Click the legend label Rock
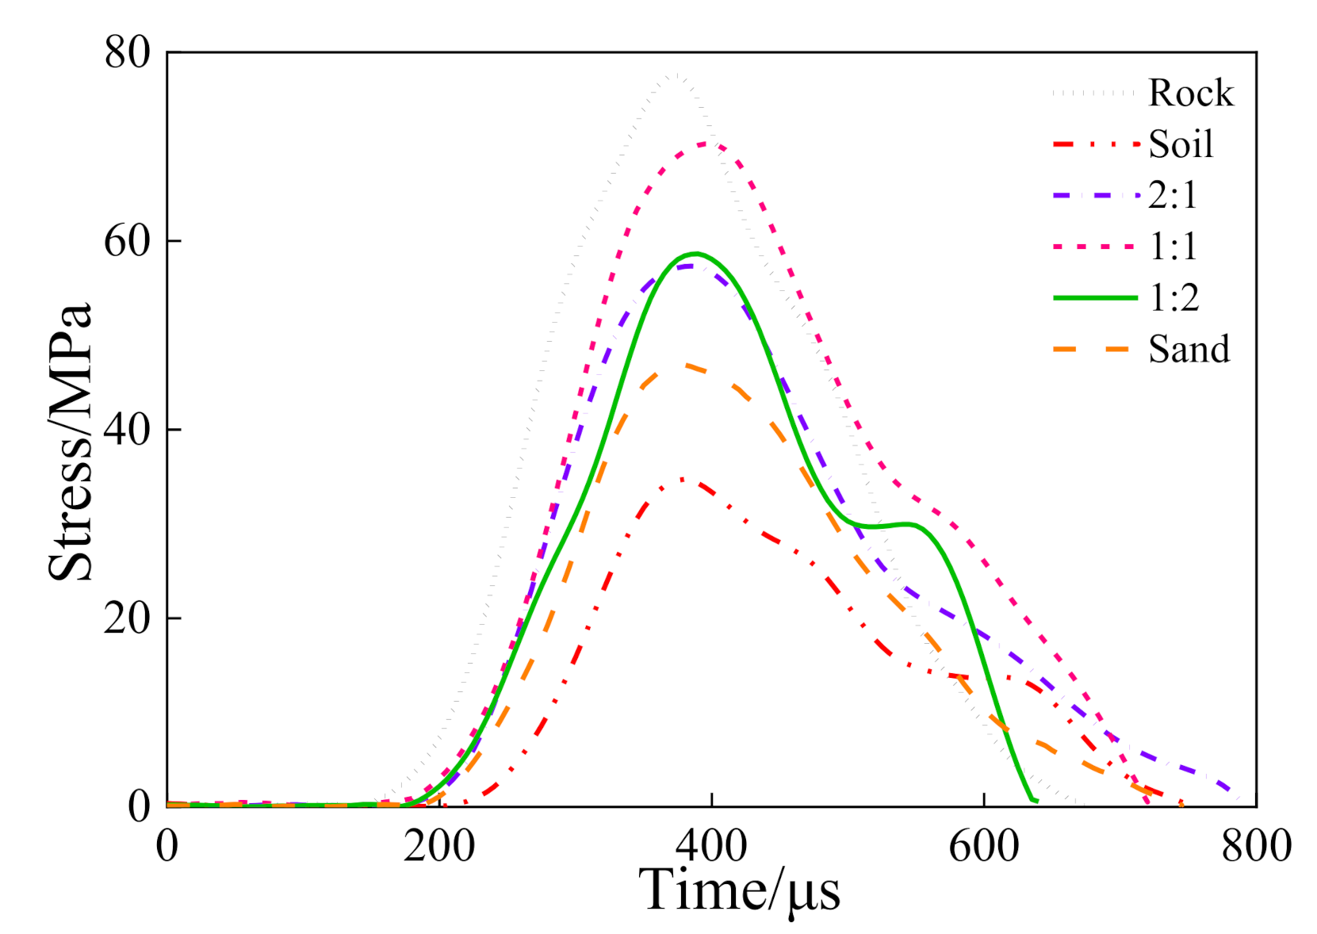coord(1190,93)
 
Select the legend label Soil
coord(1181,144)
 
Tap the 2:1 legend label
coord(1173,195)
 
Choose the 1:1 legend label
coord(1173,247)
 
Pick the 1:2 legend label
coord(1174,297)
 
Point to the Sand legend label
coord(1189,349)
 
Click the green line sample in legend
coord(1095,298)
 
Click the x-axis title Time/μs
coord(739,891)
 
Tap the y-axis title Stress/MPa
coord(70,442)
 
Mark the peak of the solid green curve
coord(696,254)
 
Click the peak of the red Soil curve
coord(683,480)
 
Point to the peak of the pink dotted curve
coord(708,144)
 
